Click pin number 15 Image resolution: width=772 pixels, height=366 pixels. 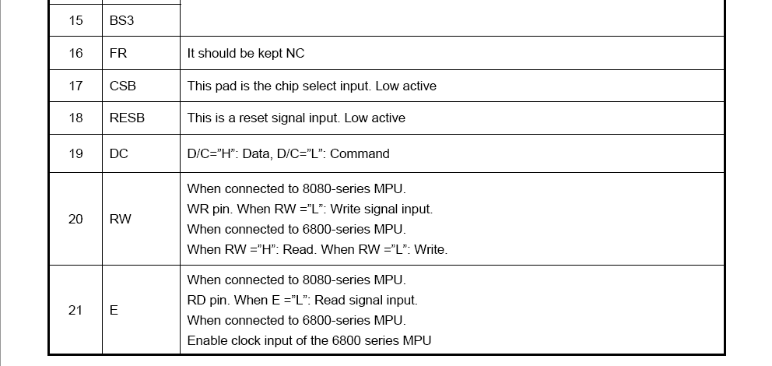coord(75,21)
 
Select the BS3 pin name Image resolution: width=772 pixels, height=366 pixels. coord(121,21)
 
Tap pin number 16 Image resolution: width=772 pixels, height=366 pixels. coord(75,53)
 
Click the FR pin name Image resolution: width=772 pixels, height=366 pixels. coord(118,53)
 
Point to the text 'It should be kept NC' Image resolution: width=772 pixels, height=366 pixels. coord(246,53)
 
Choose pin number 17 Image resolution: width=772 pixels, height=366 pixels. coord(75,86)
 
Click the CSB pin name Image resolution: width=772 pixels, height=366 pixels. coord(123,86)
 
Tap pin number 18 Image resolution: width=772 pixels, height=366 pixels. coord(75,118)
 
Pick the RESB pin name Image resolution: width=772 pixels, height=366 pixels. coord(127,118)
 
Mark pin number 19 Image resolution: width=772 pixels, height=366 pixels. coord(75,153)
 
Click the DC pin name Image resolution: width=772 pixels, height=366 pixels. coord(118,153)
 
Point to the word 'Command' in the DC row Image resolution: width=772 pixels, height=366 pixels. coord(360,153)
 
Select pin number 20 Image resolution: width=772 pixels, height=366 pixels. coord(75,219)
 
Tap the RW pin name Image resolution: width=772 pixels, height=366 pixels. coord(120,219)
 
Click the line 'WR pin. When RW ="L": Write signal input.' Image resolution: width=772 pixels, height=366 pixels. coord(311,209)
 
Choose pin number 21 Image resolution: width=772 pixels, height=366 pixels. coord(75,311)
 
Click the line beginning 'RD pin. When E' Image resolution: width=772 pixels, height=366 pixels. coord(302,300)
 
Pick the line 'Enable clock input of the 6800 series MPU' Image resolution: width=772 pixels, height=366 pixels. coord(309,340)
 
